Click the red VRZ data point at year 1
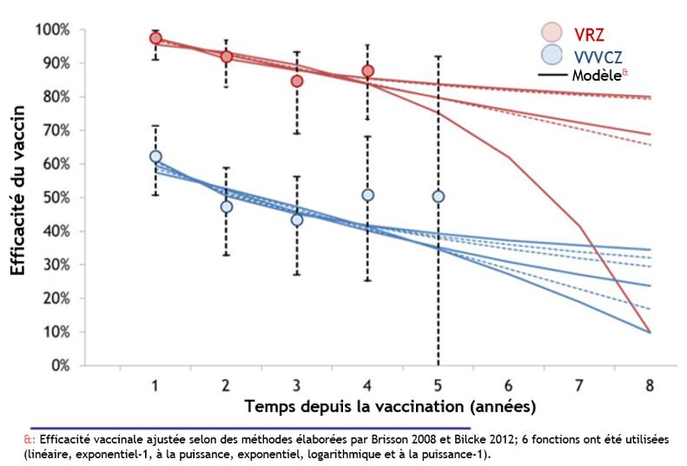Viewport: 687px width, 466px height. [x=155, y=38]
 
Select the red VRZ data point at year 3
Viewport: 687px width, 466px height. [x=297, y=81]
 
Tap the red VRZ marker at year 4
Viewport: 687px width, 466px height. [x=367, y=70]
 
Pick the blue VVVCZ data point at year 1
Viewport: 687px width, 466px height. [x=155, y=156]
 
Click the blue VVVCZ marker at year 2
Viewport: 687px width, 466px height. [x=226, y=207]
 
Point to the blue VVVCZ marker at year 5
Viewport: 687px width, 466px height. [x=439, y=196]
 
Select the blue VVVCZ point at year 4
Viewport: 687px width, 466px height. [x=367, y=195]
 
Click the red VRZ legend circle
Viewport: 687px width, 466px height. [x=552, y=33]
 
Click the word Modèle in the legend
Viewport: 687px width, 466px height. [x=595, y=76]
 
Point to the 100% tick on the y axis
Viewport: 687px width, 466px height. [x=53, y=30]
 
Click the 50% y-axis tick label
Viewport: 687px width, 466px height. [x=56, y=198]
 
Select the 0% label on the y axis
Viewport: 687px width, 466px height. [x=59, y=365]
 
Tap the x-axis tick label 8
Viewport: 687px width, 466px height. [x=651, y=384]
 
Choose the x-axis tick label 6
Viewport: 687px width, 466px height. [x=509, y=384]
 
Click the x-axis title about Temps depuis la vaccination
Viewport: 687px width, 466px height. [x=390, y=406]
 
